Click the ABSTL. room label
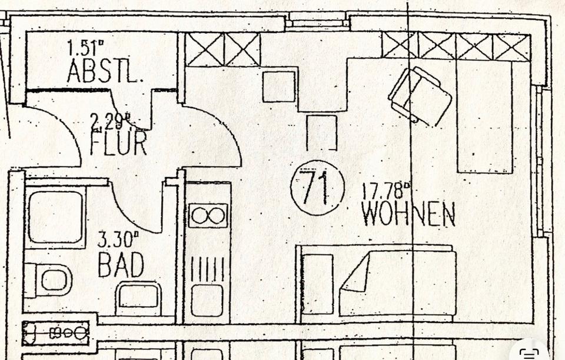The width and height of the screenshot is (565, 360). (x=104, y=71)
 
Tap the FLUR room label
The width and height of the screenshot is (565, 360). (x=118, y=144)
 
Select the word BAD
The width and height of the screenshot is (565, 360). (x=121, y=265)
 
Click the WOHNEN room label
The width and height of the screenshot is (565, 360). (x=408, y=214)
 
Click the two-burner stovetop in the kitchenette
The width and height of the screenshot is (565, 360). (x=208, y=216)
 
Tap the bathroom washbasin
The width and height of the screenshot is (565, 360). (x=138, y=296)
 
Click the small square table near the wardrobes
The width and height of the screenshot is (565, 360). (x=278, y=86)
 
